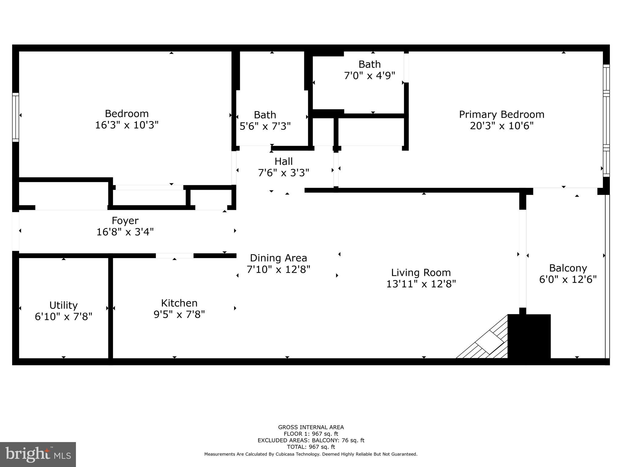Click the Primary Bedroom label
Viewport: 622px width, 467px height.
[501, 114]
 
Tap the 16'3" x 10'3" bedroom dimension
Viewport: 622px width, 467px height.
[127, 125]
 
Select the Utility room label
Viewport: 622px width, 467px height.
[63, 305]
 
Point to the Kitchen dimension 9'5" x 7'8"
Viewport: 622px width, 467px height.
[179, 314]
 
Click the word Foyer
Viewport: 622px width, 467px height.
[125, 220]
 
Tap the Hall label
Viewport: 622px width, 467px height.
[284, 161]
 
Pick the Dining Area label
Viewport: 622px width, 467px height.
[278, 258]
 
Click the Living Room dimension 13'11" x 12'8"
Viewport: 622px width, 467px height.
[421, 284]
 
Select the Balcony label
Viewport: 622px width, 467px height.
[568, 268]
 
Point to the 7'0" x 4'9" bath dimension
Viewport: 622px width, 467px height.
[369, 76]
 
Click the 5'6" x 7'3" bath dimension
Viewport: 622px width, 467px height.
[265, 126]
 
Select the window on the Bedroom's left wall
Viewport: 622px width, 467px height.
[15, 117]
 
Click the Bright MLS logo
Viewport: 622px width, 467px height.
[38, 454]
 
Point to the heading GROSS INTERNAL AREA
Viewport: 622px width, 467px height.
[311, 427]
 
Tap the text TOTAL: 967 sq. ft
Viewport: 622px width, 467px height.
[311, 447]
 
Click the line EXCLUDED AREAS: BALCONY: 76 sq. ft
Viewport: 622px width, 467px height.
[311, 440]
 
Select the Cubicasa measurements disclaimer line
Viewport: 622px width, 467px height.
[311, 454]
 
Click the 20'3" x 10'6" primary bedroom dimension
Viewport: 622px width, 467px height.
[501, 126]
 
